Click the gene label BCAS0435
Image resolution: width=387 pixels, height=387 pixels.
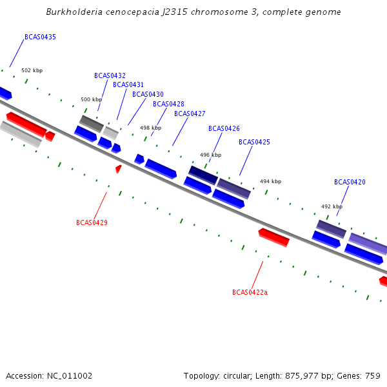point(40,37)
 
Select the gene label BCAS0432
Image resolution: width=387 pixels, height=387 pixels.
point(110,75)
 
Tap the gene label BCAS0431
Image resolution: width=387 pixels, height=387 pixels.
point(128,84)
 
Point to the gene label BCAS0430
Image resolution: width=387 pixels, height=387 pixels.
point(148,94)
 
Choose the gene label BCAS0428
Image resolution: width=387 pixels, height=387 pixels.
point(168,104)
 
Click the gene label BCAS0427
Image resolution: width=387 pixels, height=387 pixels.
point(190,114)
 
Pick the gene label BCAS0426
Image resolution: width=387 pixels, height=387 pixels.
point(224,128)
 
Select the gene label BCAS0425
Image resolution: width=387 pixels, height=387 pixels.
point(254,142)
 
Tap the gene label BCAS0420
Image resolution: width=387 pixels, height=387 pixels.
point(350,182)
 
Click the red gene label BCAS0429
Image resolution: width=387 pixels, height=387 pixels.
point(92,223)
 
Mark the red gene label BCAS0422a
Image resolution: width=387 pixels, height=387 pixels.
point(250,292)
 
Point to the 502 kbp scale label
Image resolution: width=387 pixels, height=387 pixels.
point(32,70)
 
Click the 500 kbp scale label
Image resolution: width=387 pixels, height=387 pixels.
point(91,99)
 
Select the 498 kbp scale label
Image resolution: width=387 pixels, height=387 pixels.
point(150,128)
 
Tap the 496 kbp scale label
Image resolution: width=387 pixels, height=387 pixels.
point(210,155)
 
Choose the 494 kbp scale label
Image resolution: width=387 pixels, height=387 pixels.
point(270,181)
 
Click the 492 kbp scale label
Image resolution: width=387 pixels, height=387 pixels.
point(332,206)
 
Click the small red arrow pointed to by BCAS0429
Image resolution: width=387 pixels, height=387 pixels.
point(118,169)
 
